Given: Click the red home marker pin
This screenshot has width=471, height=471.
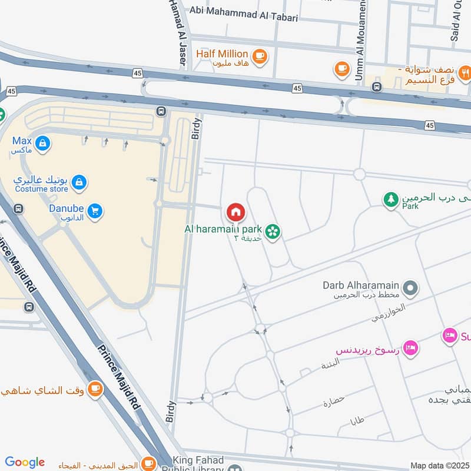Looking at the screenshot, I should click(236, 211).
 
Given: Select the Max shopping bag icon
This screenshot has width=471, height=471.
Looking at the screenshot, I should click(42, 142).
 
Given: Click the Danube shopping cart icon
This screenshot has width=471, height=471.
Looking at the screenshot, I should click(94, 210).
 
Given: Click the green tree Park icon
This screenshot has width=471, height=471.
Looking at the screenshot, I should click(390, 200).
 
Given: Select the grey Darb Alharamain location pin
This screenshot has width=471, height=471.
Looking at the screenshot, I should click(412, 288).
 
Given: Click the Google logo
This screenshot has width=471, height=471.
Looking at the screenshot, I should click(24, 462).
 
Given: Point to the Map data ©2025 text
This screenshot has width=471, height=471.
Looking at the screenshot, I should click(439, 466).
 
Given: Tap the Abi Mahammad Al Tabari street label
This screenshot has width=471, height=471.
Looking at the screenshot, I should click(244, 17).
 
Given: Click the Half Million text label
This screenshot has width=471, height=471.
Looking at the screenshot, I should click(222, 54).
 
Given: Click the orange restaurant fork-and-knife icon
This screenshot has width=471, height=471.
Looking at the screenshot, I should click(465, 74).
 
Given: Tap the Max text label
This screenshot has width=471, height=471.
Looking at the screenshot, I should click(22, 141).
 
